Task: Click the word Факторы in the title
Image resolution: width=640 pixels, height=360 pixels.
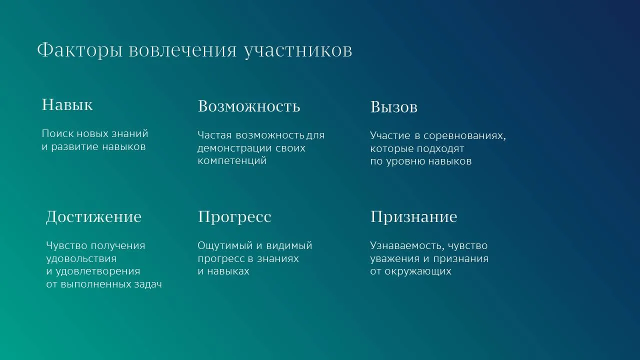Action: click(79, 50)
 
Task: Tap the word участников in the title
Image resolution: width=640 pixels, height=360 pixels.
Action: click(298, 51)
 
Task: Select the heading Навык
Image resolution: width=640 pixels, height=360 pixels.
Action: click(67, 104)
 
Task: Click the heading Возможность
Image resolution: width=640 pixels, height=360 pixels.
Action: click(249, 106)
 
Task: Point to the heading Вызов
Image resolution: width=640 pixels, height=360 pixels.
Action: click(394, 107)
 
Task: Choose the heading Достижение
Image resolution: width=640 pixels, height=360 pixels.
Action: click(93, 217)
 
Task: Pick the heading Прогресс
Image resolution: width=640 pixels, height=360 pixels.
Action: click(234, 217)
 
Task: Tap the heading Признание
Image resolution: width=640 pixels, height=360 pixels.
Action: click(413, 217)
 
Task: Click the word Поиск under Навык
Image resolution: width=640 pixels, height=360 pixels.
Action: click(58, 133)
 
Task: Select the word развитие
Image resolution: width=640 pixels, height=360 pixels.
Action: click(75, 147)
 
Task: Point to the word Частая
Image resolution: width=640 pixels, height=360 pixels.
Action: click(214, 135)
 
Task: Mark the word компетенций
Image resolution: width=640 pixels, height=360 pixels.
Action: click(232, 161)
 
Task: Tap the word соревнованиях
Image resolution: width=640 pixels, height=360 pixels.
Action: click(464, 136)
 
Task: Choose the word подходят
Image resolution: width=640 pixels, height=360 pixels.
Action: click(440, 149)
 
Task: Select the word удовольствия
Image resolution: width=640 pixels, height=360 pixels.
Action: click(81, 259)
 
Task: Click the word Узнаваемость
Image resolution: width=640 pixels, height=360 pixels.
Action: click(407, 246)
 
